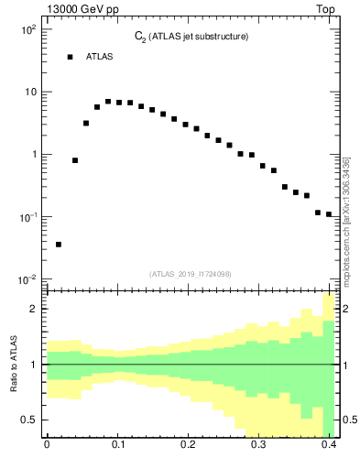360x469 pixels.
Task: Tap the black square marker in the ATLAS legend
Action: pos(70,57)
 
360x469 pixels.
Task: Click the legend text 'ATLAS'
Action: pos(100,57)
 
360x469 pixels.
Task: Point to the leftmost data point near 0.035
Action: pos(59,245)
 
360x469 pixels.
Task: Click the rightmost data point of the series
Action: pos(329,214)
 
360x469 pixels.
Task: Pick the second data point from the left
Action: pos(75,160)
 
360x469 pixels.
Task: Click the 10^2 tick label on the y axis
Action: pos(27,29)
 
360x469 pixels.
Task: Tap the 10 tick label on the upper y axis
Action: pos(30,92)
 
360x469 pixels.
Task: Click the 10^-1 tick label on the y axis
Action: pos(27,217)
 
